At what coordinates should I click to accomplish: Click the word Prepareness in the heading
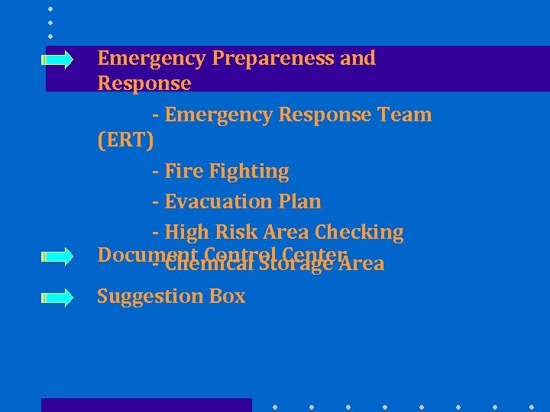[273, 59]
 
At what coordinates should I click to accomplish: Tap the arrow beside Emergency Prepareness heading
[58, 59]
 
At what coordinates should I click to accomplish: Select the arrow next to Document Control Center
[58, 256]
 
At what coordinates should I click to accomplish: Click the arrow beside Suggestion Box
[58, 296]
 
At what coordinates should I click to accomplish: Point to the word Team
[405, 115]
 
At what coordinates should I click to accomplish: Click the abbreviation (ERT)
[126, 140]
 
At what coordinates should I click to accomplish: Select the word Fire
[182, 172]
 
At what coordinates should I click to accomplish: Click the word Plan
[301, 202]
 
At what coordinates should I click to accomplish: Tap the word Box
[227, 296]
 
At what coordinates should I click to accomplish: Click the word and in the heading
[357, 59]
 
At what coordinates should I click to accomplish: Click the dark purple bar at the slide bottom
[146, 404]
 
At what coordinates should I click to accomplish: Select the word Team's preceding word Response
[325, 115]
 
